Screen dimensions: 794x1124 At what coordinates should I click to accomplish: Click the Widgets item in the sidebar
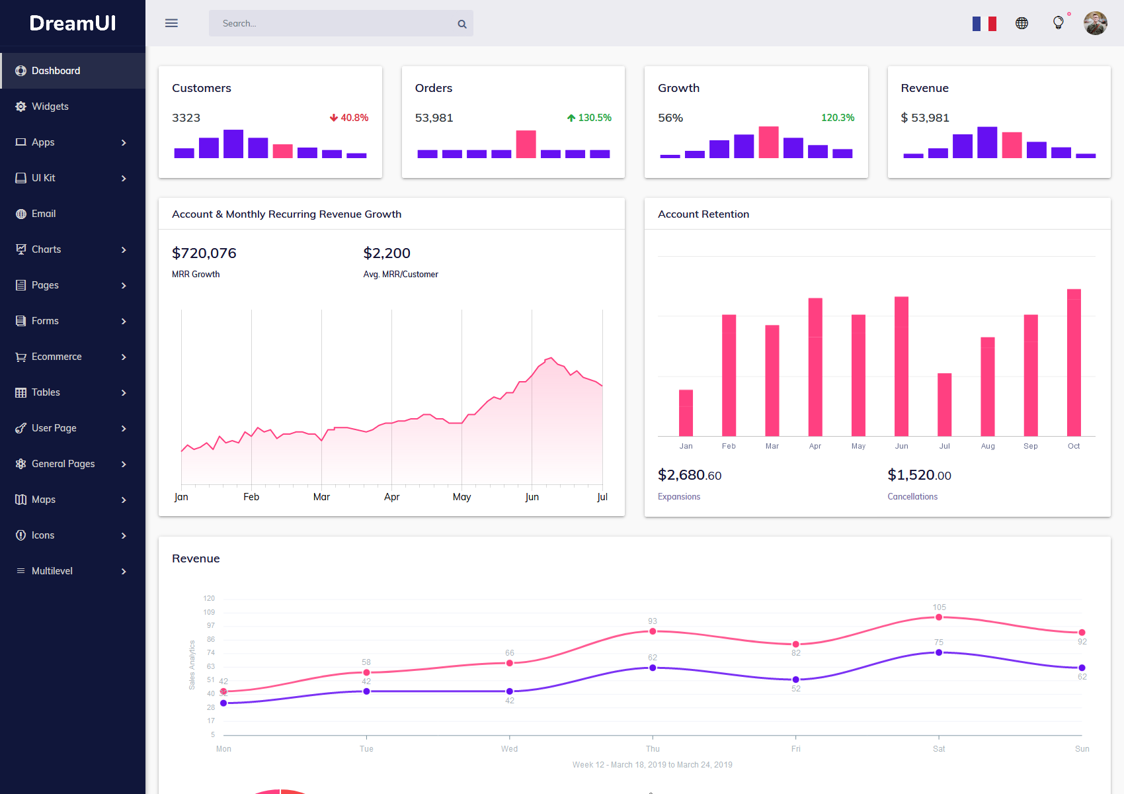click(50, 107)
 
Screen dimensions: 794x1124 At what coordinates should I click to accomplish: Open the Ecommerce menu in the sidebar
click(57, 357)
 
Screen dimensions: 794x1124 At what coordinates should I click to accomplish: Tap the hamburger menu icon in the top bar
click(171, 23)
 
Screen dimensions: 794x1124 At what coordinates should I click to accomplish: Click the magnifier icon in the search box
click(462, 24)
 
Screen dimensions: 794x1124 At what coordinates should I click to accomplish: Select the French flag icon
click(984, 24)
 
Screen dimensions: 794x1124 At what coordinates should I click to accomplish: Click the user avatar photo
click(1095, 23)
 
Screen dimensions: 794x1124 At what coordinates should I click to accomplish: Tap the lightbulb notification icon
click(1059, 22)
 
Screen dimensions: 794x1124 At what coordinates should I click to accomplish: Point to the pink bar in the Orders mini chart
click(526, 144)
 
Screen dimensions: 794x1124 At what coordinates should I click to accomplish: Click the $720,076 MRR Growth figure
click(204, 253)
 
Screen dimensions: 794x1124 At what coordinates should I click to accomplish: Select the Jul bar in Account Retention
click(944, 404)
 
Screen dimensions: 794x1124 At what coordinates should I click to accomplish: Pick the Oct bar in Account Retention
click(1074, 363)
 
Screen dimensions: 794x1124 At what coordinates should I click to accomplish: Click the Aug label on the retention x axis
click(988, 446)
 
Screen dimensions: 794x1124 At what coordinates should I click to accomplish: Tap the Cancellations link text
click(912, 497)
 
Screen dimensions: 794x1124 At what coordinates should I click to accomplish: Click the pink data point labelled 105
click(939, 617)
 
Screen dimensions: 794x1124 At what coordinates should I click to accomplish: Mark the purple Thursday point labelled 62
click(653, 668)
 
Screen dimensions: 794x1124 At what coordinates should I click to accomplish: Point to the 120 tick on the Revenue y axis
click(209, 598)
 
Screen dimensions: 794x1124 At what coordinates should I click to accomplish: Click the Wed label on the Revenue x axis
click(509, 749)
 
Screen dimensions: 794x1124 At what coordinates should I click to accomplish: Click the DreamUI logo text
click(73, 23)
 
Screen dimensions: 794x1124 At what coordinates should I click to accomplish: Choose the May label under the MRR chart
click(462, 497)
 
